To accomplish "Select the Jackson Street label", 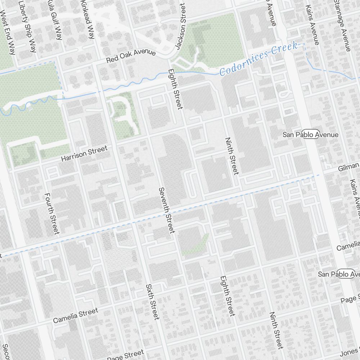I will [x=180, y=26].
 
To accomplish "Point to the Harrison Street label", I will [x=84, y=153].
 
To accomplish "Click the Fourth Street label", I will [x=51, y=213].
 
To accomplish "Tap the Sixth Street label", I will [x=152, y=302].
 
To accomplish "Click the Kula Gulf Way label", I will [x=57, y=20].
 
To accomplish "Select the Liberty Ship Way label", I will [x=28, y=26].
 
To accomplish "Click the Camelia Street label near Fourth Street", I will [x=75, y=316].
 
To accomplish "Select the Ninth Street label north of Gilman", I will [x=231, y=156].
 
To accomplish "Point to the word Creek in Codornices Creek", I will [x=285, y=49].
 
